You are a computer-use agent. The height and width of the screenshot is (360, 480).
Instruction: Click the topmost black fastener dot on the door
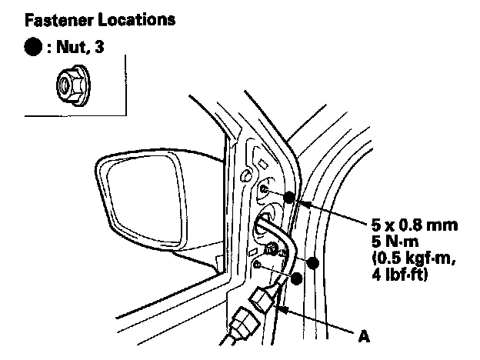(288, 197)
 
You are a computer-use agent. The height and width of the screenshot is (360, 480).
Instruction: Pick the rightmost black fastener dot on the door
(313, 264)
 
